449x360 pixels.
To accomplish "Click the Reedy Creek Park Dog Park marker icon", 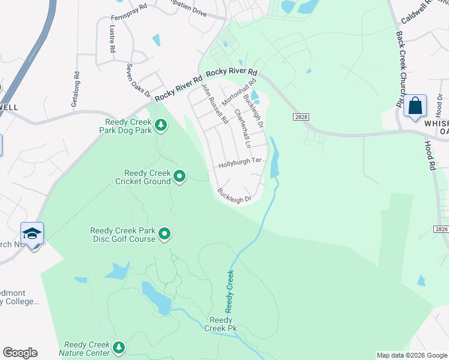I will click(161, 125).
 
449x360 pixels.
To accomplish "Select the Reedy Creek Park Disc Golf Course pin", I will click(164, 235).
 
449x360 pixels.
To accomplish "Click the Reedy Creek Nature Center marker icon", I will click(119, 347).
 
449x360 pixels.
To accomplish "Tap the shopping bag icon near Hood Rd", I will click(415, 107).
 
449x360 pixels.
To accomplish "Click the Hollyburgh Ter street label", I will click(240, 163).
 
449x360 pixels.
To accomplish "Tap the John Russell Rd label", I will click(214, 103).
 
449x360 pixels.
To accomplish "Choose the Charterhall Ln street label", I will click(243, 128).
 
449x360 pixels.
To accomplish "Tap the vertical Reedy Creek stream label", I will click(229, 292).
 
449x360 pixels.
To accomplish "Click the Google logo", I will click(20, 353).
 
